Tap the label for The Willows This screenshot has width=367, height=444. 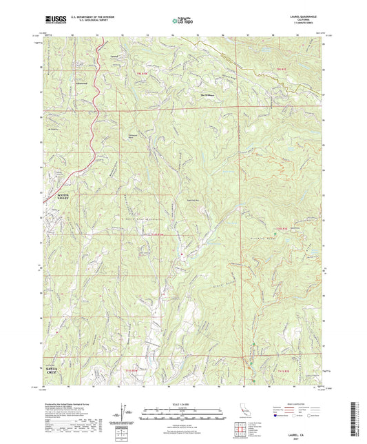pos(208,95)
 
